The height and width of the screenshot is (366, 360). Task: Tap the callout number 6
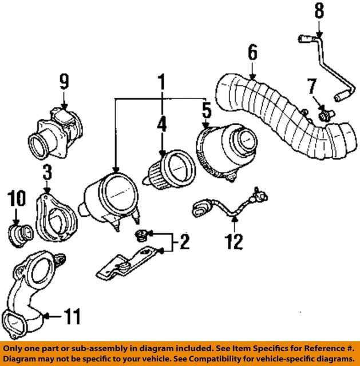coord(252,53)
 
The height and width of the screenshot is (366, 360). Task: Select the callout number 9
coord(64,81)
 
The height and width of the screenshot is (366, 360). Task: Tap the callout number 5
coord(207,108)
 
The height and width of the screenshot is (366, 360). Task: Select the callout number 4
coord(162,124)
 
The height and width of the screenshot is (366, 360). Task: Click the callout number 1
coord(162,83)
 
